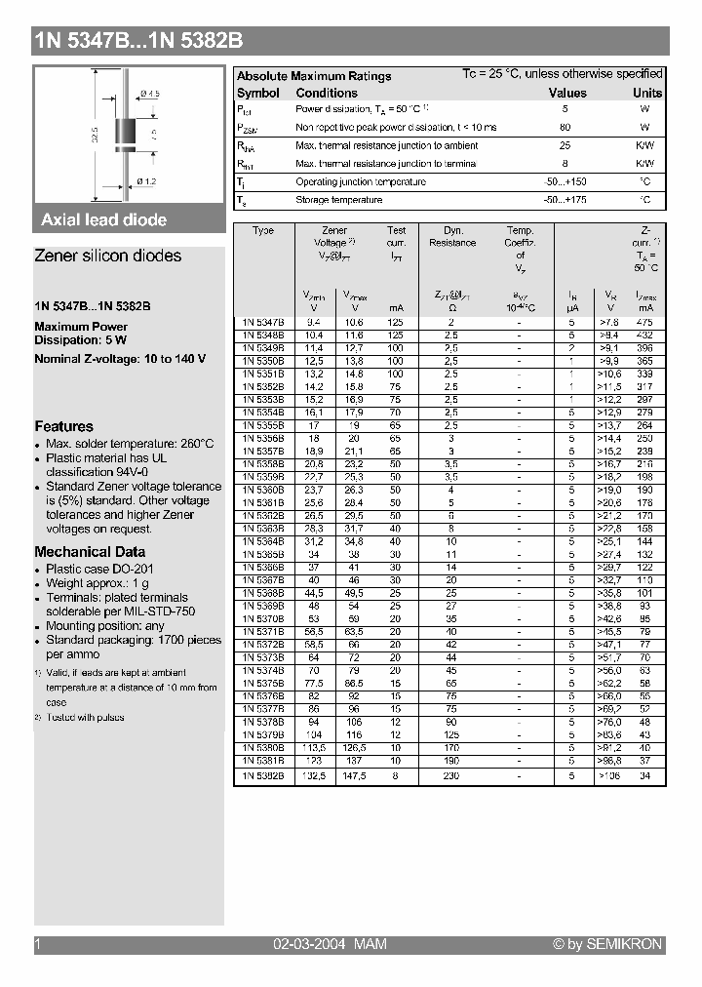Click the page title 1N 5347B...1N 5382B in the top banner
pos(139,41)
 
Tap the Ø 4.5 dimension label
pos(149,93)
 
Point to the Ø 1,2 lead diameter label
pos(146,181)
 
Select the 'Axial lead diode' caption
pos(104,220)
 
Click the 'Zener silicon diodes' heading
pos(107,256)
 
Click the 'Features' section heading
pos(64,426)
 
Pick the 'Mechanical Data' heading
pos(90,551)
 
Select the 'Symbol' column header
pos(258,93)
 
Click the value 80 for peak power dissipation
pos(565,128)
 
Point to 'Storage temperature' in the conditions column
pos(338,200)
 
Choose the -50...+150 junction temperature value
pos(565,182)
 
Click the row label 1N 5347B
pos(263,321)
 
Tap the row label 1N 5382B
pos(263,775)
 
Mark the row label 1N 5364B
pos(263,541)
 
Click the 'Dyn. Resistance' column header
pos(452,236)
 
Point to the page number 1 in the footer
pos(38,944)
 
